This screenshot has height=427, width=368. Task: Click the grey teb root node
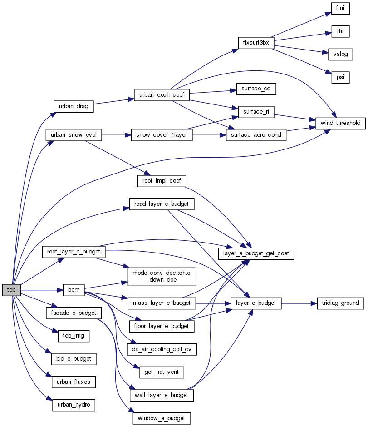(x=11, y=290)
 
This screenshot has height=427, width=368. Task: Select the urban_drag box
(x=73, y=106)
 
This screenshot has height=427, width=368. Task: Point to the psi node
(x=340, y=77)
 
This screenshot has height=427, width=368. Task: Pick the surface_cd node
(x=256, y=89)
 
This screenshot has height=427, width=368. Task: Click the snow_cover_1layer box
(x=162, y=135)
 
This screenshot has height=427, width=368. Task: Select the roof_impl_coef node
(x=162, y=181)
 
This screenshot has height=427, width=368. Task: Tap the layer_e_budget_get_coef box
(x=256, y=253)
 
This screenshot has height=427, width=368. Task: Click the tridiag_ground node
(x=340, y=303)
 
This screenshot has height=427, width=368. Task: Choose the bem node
(x=74, y=290)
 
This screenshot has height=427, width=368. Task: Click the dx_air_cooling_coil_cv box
(x=162, y=349)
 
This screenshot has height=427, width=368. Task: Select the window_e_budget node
(x=162, y=418)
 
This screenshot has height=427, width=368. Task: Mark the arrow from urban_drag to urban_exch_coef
(x=113, y=102)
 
